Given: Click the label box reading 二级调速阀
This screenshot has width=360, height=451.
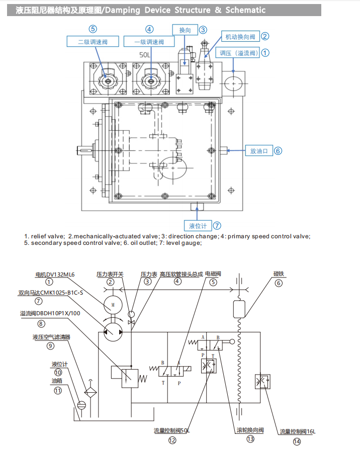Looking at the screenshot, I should [93, 42].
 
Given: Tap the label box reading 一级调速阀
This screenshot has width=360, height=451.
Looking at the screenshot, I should [150, 42].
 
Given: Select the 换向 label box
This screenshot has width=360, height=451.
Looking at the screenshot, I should [185, 30].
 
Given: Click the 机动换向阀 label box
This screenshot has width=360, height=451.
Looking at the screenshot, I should [240, 36].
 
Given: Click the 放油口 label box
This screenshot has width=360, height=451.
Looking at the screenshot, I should [258, 150].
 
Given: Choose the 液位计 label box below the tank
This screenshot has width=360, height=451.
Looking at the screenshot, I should [197, 225].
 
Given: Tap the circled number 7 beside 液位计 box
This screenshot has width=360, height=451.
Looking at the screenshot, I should [217, 226].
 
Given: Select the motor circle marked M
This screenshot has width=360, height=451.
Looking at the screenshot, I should [113, 305].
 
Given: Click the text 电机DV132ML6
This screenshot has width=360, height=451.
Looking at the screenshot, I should [55, 275].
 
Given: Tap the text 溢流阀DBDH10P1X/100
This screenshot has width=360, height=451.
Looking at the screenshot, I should [57, 314].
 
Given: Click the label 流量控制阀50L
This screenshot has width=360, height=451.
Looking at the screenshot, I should [172, 430].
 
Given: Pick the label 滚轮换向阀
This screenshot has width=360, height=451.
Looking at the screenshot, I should [250, 430].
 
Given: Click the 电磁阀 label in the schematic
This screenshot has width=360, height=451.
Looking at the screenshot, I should [213, 274].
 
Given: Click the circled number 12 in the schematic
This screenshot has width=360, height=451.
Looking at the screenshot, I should [172, 440].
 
